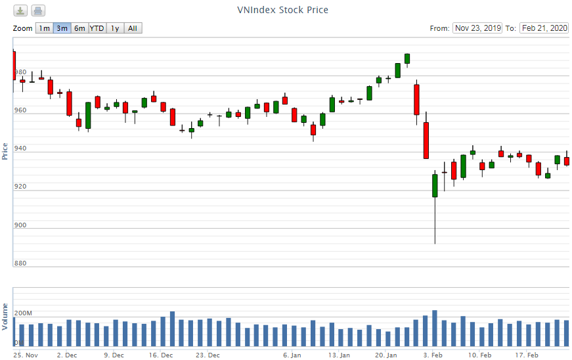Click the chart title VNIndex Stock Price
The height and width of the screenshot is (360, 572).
282,10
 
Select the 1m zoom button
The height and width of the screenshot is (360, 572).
44,28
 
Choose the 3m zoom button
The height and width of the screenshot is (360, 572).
62,28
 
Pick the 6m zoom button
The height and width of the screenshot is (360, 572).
79,28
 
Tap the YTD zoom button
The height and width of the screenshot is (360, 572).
97,28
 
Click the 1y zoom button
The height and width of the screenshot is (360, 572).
115,28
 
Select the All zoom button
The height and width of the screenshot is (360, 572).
133,28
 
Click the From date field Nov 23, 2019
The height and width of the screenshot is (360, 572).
477,28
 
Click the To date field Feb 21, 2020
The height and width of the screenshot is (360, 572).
544,28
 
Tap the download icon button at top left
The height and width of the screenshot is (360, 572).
21,11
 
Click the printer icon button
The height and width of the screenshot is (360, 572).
38,11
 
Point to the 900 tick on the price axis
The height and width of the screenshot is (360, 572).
20,225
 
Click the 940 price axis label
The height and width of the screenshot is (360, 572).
20,149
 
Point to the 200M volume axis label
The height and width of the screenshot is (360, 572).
23,313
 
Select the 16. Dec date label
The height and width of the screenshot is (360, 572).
161,355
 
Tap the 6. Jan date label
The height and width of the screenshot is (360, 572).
292,355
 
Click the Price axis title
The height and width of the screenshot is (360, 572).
5,151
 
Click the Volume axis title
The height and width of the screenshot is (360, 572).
5,317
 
